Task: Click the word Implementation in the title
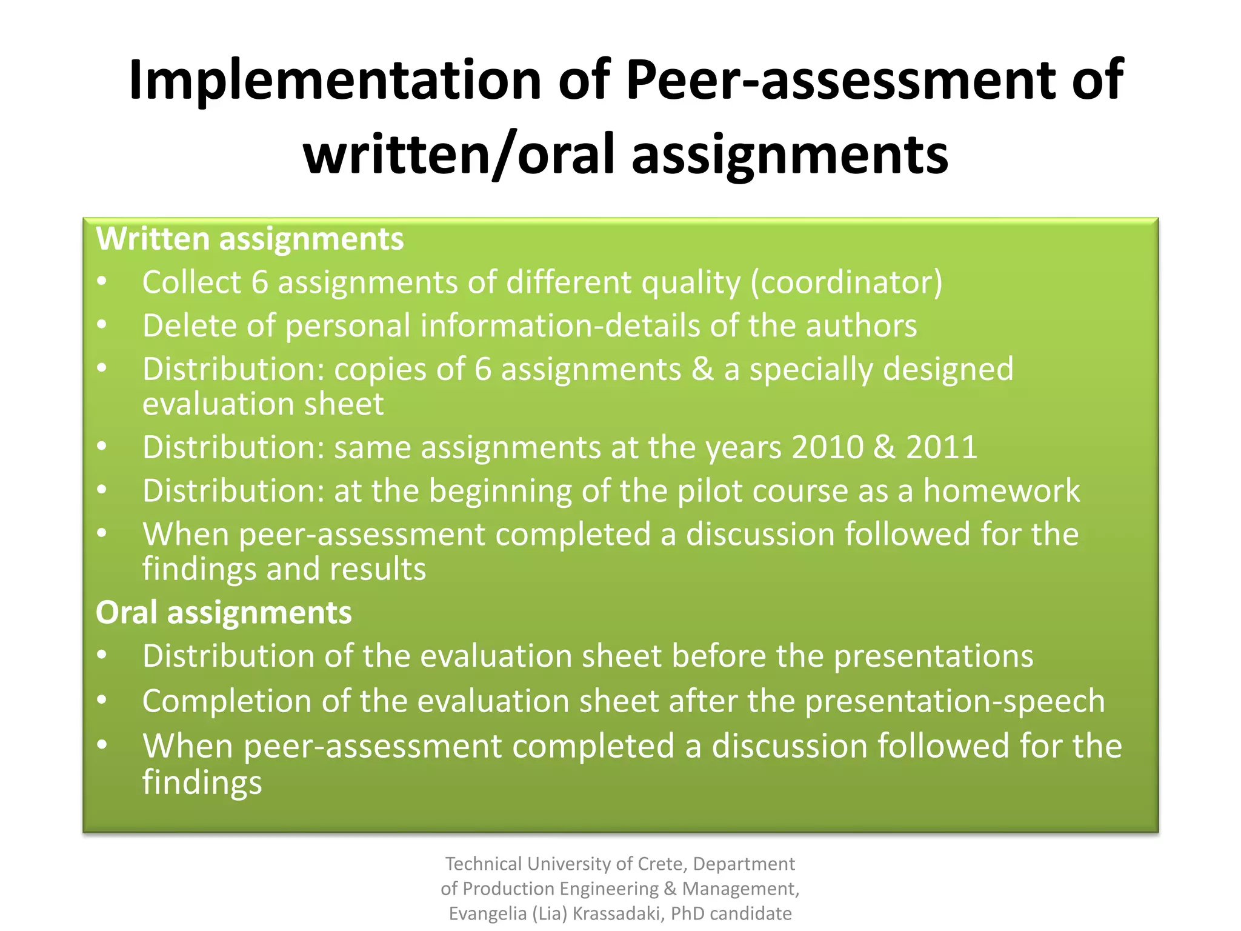point(335,81)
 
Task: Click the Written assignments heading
point(250,239)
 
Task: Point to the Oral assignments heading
point(224,612)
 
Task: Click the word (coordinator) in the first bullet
point(847,282)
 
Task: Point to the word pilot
point(710,490)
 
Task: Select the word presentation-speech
point(954,701)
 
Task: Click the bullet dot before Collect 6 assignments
point(102,281)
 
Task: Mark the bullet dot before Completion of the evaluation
point(102,700)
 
